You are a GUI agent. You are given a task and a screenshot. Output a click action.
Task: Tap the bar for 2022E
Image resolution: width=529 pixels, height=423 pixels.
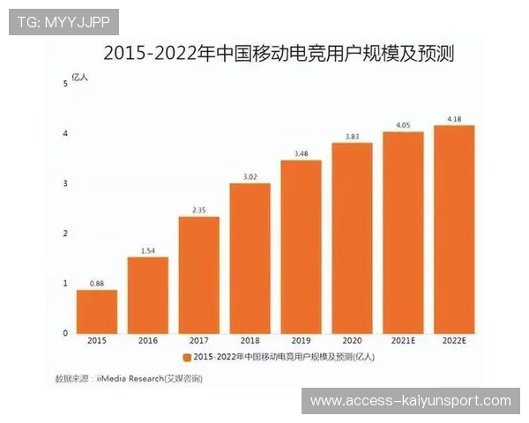[x=454, y=229]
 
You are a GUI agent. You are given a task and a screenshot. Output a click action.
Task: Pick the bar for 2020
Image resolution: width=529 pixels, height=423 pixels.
[x=352, y=238]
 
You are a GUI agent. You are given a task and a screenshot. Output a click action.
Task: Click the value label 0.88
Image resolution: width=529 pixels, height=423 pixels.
[x=96, y=283]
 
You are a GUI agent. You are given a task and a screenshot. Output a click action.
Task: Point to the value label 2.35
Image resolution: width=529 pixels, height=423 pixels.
[x=198, y=210]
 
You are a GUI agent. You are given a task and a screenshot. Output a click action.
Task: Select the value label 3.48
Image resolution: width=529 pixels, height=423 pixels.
[x=301, y=153]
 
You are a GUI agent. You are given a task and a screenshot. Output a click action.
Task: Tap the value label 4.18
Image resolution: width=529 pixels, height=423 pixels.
[x=454, y=118]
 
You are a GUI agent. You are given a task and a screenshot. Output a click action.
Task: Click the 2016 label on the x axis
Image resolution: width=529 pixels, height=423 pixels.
[x=147, y=340]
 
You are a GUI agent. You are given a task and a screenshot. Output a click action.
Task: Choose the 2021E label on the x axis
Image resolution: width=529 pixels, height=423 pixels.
[x=403, y=340]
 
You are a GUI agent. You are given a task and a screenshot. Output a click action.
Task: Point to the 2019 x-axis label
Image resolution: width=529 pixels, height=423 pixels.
[x=301, y=340]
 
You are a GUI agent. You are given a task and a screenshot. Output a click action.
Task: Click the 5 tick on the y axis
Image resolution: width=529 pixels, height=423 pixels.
[x=65, y=84]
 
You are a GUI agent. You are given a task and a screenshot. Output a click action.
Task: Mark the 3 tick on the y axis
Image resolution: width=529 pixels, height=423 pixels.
[x=65, y=183]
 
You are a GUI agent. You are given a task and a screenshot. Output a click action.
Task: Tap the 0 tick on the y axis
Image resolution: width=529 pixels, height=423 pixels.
[x=65, y=333]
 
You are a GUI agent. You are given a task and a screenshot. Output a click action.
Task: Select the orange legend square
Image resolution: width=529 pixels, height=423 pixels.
[x=186, y=358]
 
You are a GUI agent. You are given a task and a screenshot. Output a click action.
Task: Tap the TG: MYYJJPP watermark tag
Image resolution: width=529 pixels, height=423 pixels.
[x=63, y=21]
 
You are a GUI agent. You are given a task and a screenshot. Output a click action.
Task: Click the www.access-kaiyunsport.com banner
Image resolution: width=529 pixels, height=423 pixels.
[x=410, y=401]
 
